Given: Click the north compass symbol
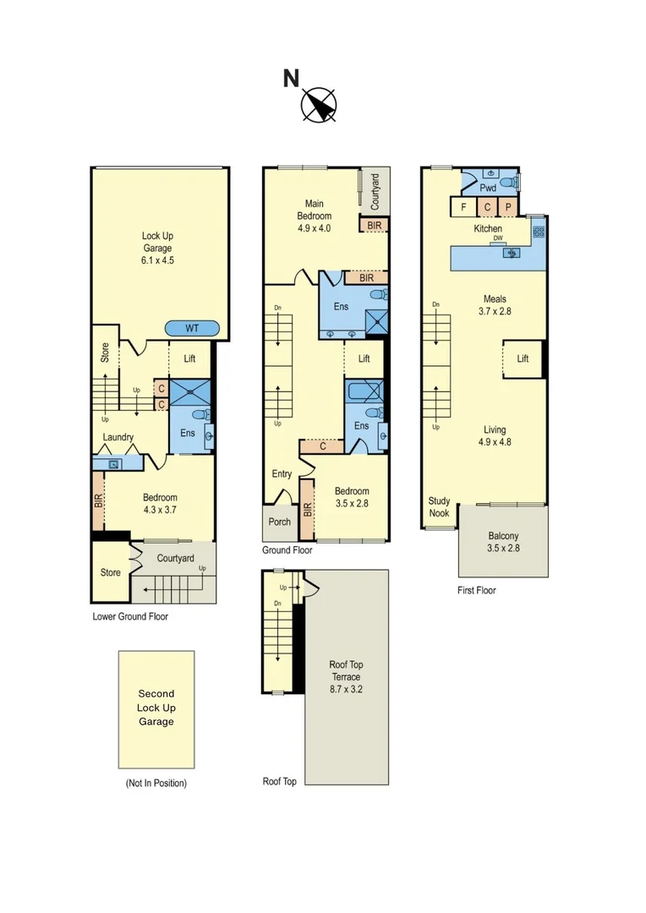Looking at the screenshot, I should point(319,105).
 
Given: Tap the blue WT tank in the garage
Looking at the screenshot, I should point(193,328).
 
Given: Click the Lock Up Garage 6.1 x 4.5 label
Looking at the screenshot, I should point(157,249).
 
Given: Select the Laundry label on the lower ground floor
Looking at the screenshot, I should point(119,437).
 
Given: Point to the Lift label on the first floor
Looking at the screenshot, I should point(523,358).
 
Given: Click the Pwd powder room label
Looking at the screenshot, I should point(488,188).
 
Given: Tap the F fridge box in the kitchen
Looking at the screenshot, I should point(463,206).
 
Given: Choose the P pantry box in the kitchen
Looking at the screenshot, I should point(509,206).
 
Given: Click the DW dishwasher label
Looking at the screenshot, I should point(498,238).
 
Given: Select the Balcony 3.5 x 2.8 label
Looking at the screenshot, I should point(503,542).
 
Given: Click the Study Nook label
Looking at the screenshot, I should point(439,506).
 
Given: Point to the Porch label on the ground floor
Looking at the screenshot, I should point(279,522).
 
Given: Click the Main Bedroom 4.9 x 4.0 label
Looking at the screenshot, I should point(314,210).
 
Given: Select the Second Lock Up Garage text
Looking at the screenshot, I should point(156,708).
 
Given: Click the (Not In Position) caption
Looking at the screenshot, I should point(156,783).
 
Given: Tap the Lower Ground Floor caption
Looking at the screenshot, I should point(130,616).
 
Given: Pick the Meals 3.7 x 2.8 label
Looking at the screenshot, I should point(495,304).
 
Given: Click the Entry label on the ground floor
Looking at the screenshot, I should point(282,474).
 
